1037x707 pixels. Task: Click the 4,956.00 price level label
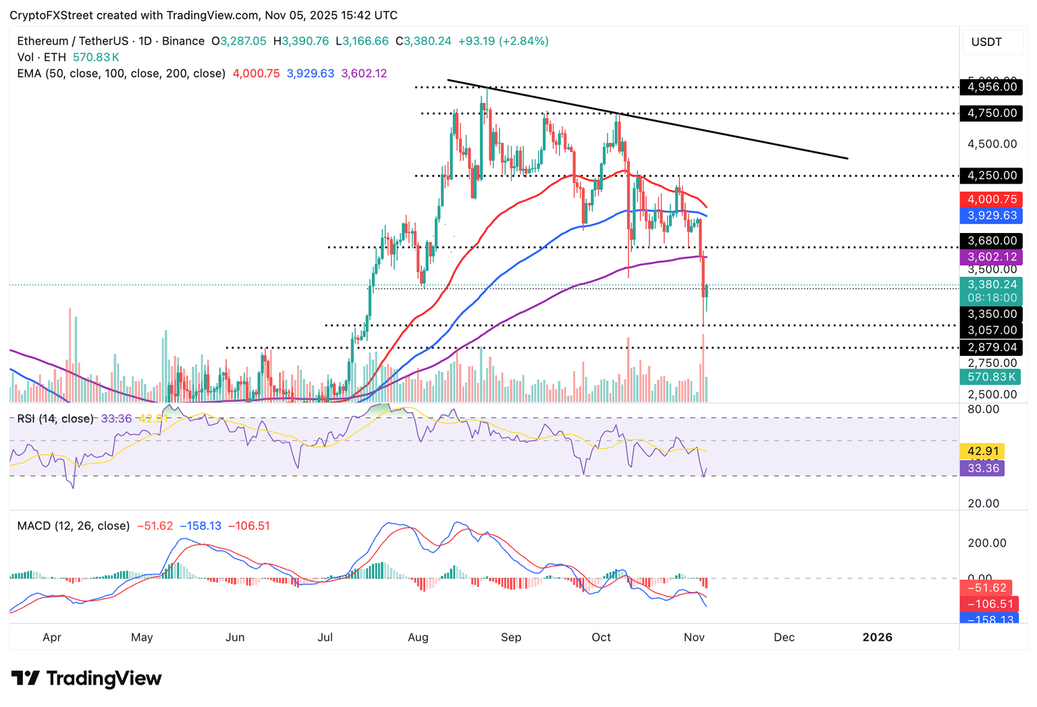991,86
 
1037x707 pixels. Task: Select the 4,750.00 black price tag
991,113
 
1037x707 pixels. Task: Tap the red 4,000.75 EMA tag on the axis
991,199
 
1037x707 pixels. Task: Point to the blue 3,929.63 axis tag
991,215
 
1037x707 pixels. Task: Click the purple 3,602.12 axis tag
991,257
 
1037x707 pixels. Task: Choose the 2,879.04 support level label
991,347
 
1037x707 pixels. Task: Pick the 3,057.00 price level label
991,330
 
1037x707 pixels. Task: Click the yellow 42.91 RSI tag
982,451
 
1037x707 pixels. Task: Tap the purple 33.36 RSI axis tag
982,468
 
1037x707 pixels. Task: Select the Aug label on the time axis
418,637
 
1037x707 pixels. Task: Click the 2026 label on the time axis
877,637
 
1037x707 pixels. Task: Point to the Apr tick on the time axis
52,637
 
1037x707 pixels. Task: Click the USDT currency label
986,42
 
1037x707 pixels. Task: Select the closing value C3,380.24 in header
423,41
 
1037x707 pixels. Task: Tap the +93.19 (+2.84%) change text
503,41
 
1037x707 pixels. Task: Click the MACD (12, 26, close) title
73,525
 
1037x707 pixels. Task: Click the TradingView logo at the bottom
86,678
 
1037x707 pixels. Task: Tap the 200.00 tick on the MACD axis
986,543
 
